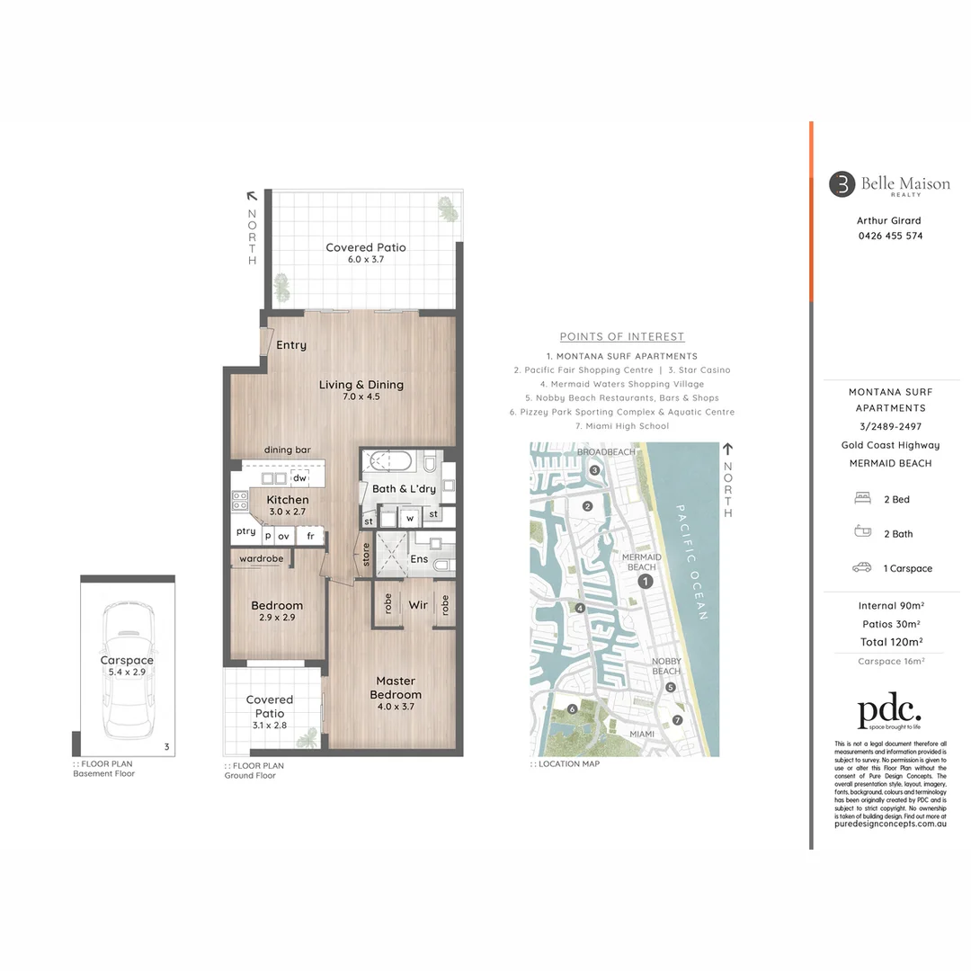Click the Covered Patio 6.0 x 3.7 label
click(x=365, y=253)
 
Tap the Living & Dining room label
click(x=361, y=390)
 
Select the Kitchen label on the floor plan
click(x=288, y=504)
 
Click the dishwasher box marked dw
click(x=299, y=478)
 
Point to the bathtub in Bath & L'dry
click(x=388, y=463)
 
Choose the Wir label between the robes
click(x=418, y=605)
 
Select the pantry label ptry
click(x=245, y=531)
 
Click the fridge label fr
click(x=310, y=536)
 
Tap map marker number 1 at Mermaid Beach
click(x=645, y=582)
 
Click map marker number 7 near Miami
click(x=677, y=720)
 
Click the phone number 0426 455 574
click(x=890, y=236)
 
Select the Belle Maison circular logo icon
click(x=842, y=184)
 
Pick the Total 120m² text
click(x=890, y=641)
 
